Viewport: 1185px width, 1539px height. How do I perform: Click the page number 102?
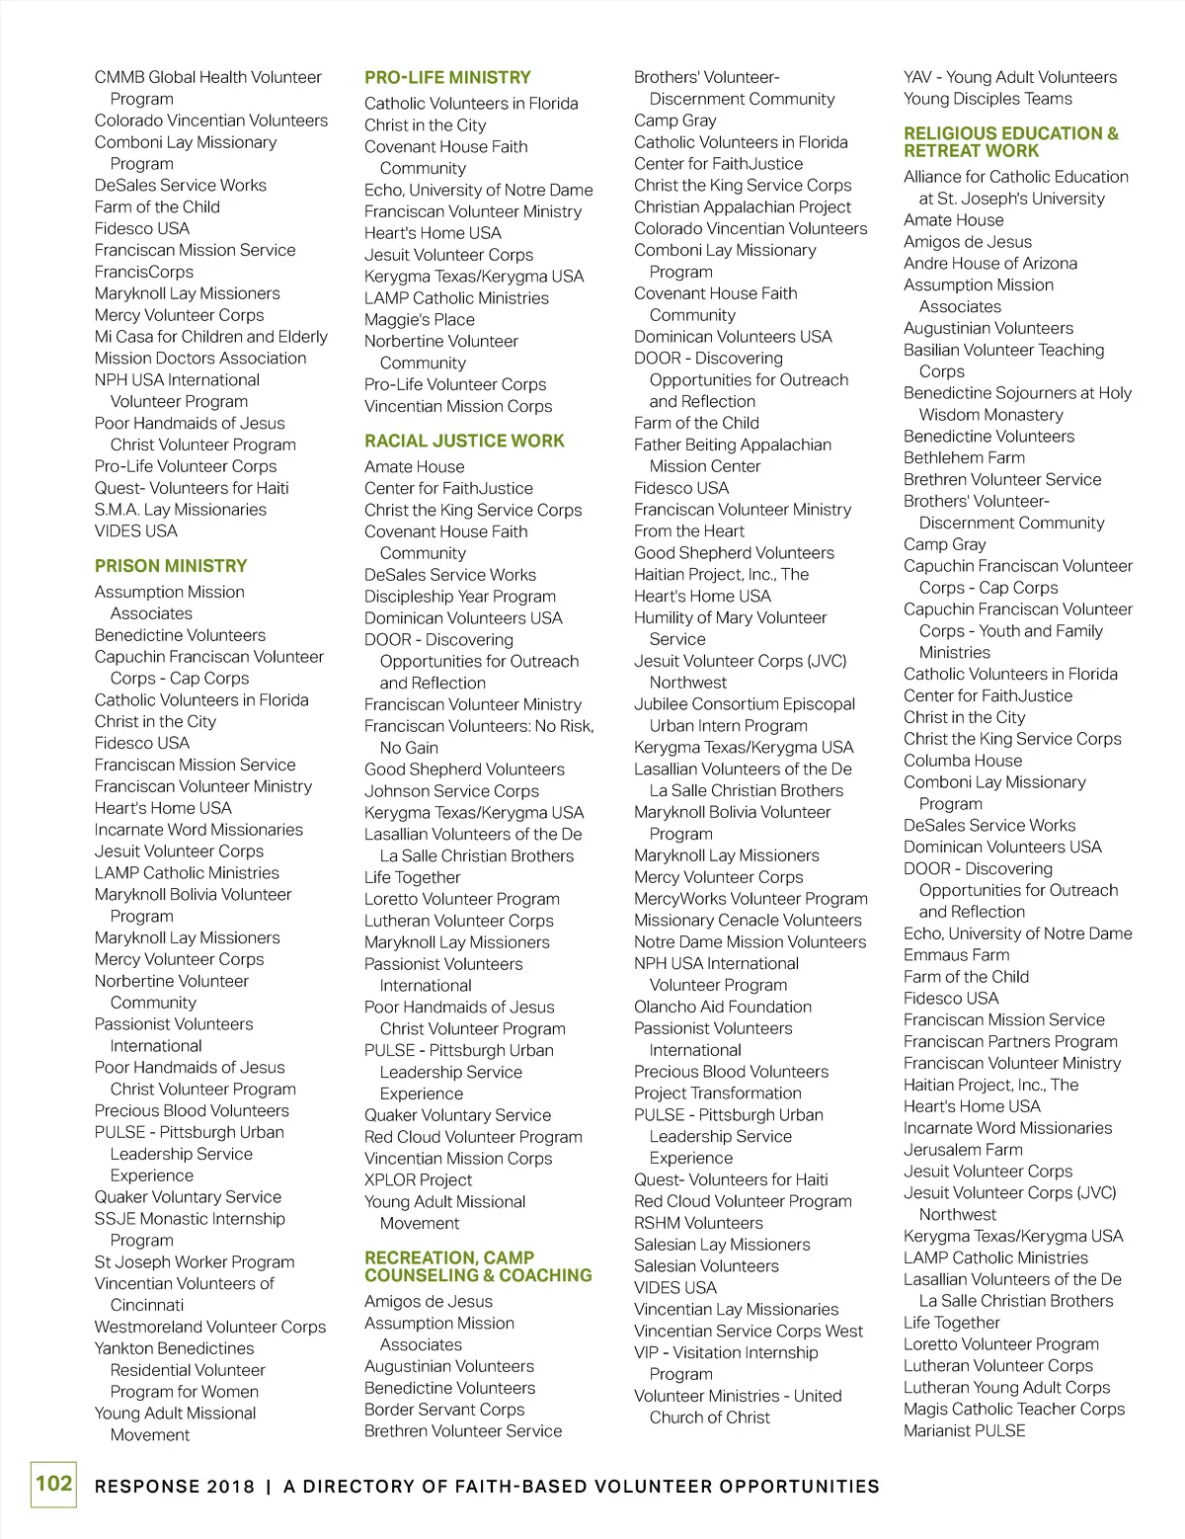pos(53,1484)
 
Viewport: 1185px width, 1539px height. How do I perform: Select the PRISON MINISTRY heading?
pos(171,566)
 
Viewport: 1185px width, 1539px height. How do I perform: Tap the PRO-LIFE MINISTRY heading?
pos(447,77)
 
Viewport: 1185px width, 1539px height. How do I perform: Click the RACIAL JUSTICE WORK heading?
pos(464,441)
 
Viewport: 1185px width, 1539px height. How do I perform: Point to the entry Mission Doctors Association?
pos(200,359)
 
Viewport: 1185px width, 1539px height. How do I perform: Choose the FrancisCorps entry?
pos(144,272)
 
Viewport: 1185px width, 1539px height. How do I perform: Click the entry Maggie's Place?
pos(420,320)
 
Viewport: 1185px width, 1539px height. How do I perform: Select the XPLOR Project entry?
pos(418,1180)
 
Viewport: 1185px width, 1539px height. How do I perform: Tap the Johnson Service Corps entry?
pos(451,791)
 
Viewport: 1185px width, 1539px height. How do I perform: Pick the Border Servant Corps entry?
pos(444,1410)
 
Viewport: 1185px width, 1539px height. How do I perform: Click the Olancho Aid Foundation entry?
pos(723,1007)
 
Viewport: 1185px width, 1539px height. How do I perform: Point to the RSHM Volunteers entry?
pos(698,1223)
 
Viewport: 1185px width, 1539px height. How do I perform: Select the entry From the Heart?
pos(689,531)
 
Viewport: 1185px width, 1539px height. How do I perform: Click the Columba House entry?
pos(963,761)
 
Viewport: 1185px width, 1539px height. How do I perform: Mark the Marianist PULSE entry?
pos(965,1430)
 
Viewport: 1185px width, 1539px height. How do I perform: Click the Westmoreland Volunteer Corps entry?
pos(210,1327)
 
